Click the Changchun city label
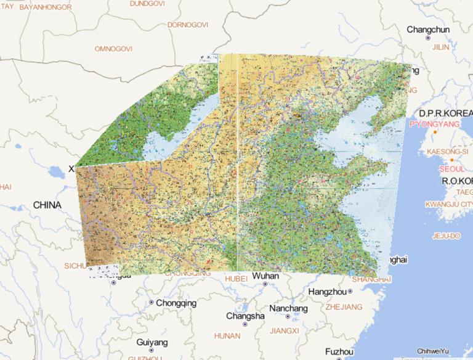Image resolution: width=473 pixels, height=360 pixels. pos(428,29)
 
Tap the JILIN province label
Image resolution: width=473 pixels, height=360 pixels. pos(441,46)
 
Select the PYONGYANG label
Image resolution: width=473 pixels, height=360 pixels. pos(434,124)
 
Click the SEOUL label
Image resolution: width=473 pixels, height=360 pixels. pos(451,168)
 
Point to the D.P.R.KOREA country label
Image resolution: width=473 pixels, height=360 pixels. pos(445,113)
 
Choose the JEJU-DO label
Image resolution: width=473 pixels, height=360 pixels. pos(447,235)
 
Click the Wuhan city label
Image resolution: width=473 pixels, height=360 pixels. pos(265,276)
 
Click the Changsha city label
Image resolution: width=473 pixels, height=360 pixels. pos(245,316)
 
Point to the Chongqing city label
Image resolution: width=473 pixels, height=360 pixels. pos(176,303)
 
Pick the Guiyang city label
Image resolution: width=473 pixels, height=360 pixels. pos(152,342)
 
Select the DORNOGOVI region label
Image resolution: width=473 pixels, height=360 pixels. pos(188,25)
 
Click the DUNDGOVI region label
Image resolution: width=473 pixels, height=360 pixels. pos(147,3)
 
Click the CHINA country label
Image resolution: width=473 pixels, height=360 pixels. pos(47,205)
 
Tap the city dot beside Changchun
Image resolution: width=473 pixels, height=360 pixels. pos(429,38)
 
